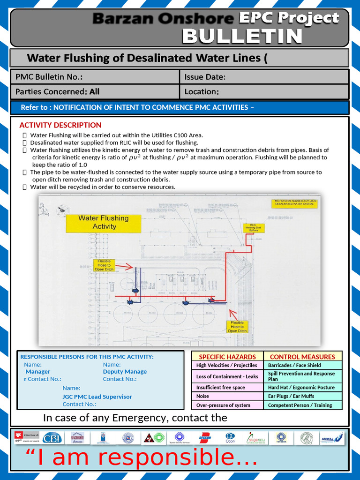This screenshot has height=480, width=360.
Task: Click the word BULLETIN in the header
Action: click(242, 36)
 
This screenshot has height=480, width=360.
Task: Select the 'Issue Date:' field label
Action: click(205, 77)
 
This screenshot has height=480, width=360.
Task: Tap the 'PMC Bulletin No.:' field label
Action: click(49, 77)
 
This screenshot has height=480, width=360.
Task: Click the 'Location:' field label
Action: click(202, 91)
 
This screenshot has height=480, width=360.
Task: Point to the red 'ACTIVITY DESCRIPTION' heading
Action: click(60, 125)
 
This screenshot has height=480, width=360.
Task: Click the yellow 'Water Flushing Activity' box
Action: click(104, 222)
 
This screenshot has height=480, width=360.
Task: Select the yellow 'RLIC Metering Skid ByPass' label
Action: click(253, 227)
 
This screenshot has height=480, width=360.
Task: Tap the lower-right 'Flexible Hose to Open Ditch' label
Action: click(237, 327)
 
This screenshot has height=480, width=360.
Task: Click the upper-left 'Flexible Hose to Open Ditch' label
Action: click(104, 265)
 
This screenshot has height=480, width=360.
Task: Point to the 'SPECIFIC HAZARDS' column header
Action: click(227, 357)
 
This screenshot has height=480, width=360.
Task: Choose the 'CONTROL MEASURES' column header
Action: click(302, 357)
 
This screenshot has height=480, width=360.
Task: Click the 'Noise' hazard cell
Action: click(203, 396)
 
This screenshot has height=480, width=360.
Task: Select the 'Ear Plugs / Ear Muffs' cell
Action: click(291, 396)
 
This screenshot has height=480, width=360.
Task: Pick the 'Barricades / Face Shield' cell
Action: click(294, 365)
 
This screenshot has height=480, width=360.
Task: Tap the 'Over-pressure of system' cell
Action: click(223, 405)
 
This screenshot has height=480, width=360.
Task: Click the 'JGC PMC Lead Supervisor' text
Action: click(97, 397)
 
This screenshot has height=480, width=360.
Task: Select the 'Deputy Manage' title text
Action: click(125, 371)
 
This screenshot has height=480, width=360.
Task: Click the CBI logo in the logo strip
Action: click(52, 438)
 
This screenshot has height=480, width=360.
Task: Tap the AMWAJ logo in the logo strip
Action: click(331, 438)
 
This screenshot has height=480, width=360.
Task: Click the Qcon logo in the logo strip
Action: click(230, 438)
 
